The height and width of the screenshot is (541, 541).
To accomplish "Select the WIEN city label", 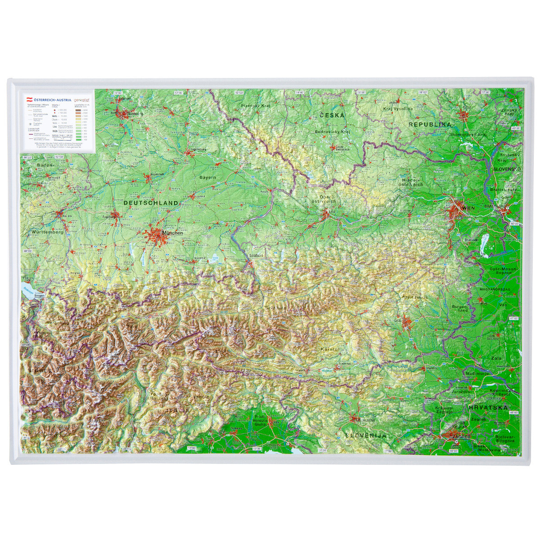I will [x=468, y=208].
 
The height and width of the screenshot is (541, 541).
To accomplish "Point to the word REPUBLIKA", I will [x=430, y=124].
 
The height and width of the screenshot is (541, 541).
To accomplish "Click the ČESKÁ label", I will [x=332, y=115].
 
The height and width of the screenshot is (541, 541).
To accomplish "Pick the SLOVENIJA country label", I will [x=366, y=436].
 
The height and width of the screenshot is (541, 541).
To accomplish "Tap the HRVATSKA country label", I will [x=489, y=407].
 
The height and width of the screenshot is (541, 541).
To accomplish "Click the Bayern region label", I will [x=208, y=178].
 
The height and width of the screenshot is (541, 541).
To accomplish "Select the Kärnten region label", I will [x=330, y=349].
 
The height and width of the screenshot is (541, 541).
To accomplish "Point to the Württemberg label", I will [x=47, y=232].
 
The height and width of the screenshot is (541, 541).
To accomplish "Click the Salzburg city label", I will [x=256, y=255].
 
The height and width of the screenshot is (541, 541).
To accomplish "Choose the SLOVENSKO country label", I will [x=507, y=169].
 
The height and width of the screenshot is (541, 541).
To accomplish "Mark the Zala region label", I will [x=496, y=358].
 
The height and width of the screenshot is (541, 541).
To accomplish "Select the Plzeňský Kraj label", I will [x=255, y=105].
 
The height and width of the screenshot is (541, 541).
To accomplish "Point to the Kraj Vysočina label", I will [x=398, y=109].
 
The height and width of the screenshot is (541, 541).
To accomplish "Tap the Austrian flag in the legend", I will [x=30, y=100].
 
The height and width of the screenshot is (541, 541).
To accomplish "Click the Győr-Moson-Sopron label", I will [x=504, y=270].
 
